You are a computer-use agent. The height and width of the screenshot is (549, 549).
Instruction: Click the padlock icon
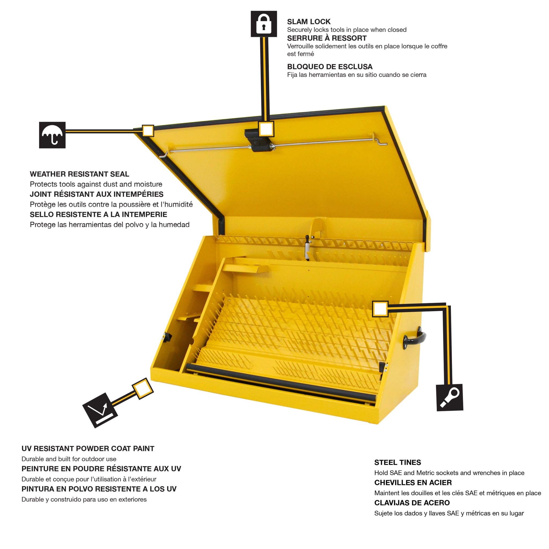[x=264, y=24]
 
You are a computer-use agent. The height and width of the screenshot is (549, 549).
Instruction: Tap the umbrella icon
[x=52, y=135]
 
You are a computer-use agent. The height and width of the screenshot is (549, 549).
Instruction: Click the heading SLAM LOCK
[x=309, y=22]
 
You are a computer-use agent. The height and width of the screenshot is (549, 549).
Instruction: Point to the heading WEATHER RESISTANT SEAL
[x=79, y=174]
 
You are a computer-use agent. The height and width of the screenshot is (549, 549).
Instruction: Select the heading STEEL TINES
[x=397, y=462]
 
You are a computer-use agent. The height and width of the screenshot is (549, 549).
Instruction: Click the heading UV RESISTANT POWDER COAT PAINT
[x=88, y=448]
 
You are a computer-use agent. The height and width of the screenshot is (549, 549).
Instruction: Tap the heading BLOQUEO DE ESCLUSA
[x=330, y=67]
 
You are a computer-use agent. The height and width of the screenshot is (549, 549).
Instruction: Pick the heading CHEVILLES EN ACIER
[x=413, y=483]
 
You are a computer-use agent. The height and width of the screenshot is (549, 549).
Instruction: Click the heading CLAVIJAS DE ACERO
[x=412, y=503]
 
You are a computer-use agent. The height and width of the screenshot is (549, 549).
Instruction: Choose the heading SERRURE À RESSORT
[x=327, y=38]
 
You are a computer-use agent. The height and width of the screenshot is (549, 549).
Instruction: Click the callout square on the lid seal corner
[x=148, y=131]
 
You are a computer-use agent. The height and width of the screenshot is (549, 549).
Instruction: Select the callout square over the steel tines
[x=380, y=309]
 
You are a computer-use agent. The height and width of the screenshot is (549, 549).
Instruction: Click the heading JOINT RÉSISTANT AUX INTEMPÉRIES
[x=97, y=194]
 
